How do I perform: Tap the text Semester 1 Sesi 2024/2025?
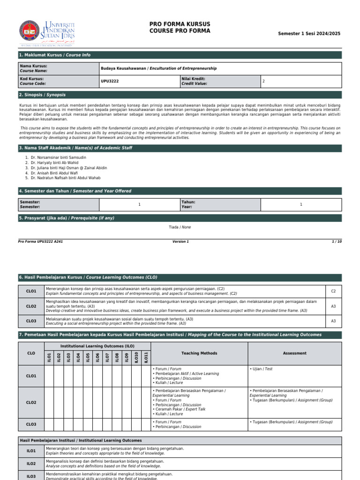point(309,34)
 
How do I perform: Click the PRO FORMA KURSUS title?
point(180,24)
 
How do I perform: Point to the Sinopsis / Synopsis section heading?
point(42,95)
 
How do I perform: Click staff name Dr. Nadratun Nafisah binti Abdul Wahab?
point(65,178)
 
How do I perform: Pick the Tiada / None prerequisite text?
point(180,227)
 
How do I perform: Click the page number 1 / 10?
point(337,241)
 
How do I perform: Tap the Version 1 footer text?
point(180,241)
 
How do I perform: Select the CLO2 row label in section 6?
point(31,306)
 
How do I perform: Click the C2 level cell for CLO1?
point(333,291)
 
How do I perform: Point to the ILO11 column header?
point(146,357)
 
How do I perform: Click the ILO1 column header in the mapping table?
point(49,357)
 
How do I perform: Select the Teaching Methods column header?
point(199,353)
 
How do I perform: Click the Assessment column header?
point(295,353)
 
